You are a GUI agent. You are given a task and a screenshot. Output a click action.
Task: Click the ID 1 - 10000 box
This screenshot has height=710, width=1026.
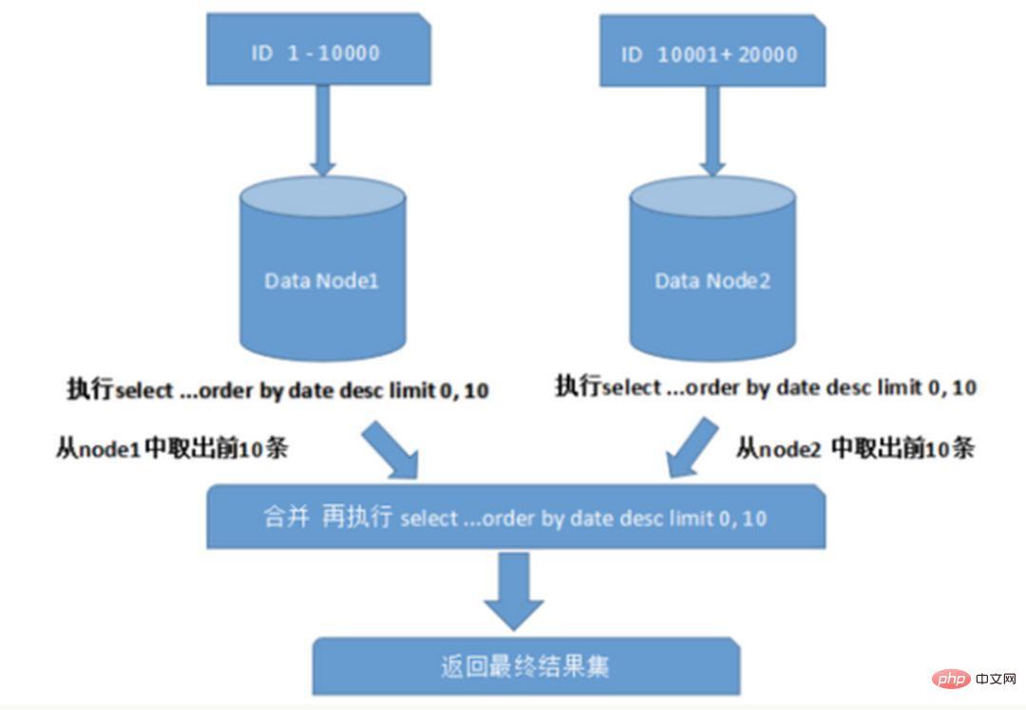point(318,53)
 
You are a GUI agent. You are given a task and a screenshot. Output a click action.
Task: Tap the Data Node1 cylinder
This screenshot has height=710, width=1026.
point(323,275)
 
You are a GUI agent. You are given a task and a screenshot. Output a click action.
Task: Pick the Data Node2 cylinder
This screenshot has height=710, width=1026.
point(713,275)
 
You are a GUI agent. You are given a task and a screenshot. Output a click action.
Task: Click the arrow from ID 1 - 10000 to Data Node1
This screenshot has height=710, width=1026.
point(323,133)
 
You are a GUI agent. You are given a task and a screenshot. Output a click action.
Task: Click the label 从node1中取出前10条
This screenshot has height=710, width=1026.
point(172,449)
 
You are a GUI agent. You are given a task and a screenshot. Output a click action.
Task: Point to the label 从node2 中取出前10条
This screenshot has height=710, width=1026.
point(855,449)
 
